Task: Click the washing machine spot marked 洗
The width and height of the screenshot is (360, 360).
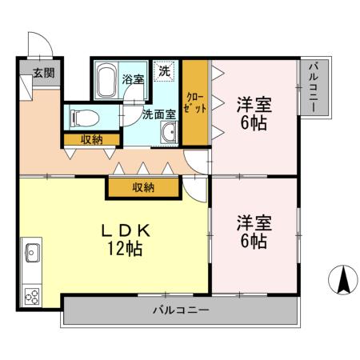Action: pyautogui.click(x=164, y=71)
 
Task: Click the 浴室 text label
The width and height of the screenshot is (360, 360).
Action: pyautogui.click(x=132, y=80)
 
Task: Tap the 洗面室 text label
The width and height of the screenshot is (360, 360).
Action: pyautogui.click(x=158, y=114)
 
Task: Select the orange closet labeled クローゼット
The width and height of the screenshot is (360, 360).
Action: pyautogui.click(x=195, y=102)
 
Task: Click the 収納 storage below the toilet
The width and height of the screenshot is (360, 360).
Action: pyautogui.click(x=90, y=140)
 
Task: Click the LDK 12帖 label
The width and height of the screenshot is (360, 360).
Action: pyautogui.click(x=122, y=239)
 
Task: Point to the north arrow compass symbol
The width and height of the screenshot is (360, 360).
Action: pyautogui.click(x=342, y=281)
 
